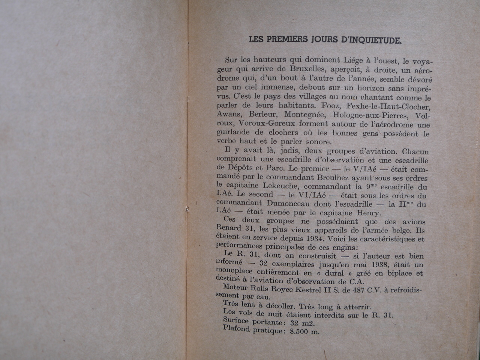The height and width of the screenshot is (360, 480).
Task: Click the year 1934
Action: point(315,238)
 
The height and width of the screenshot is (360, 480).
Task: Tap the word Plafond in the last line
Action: point(236,328)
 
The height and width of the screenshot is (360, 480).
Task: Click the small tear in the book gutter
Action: point(187,210)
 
